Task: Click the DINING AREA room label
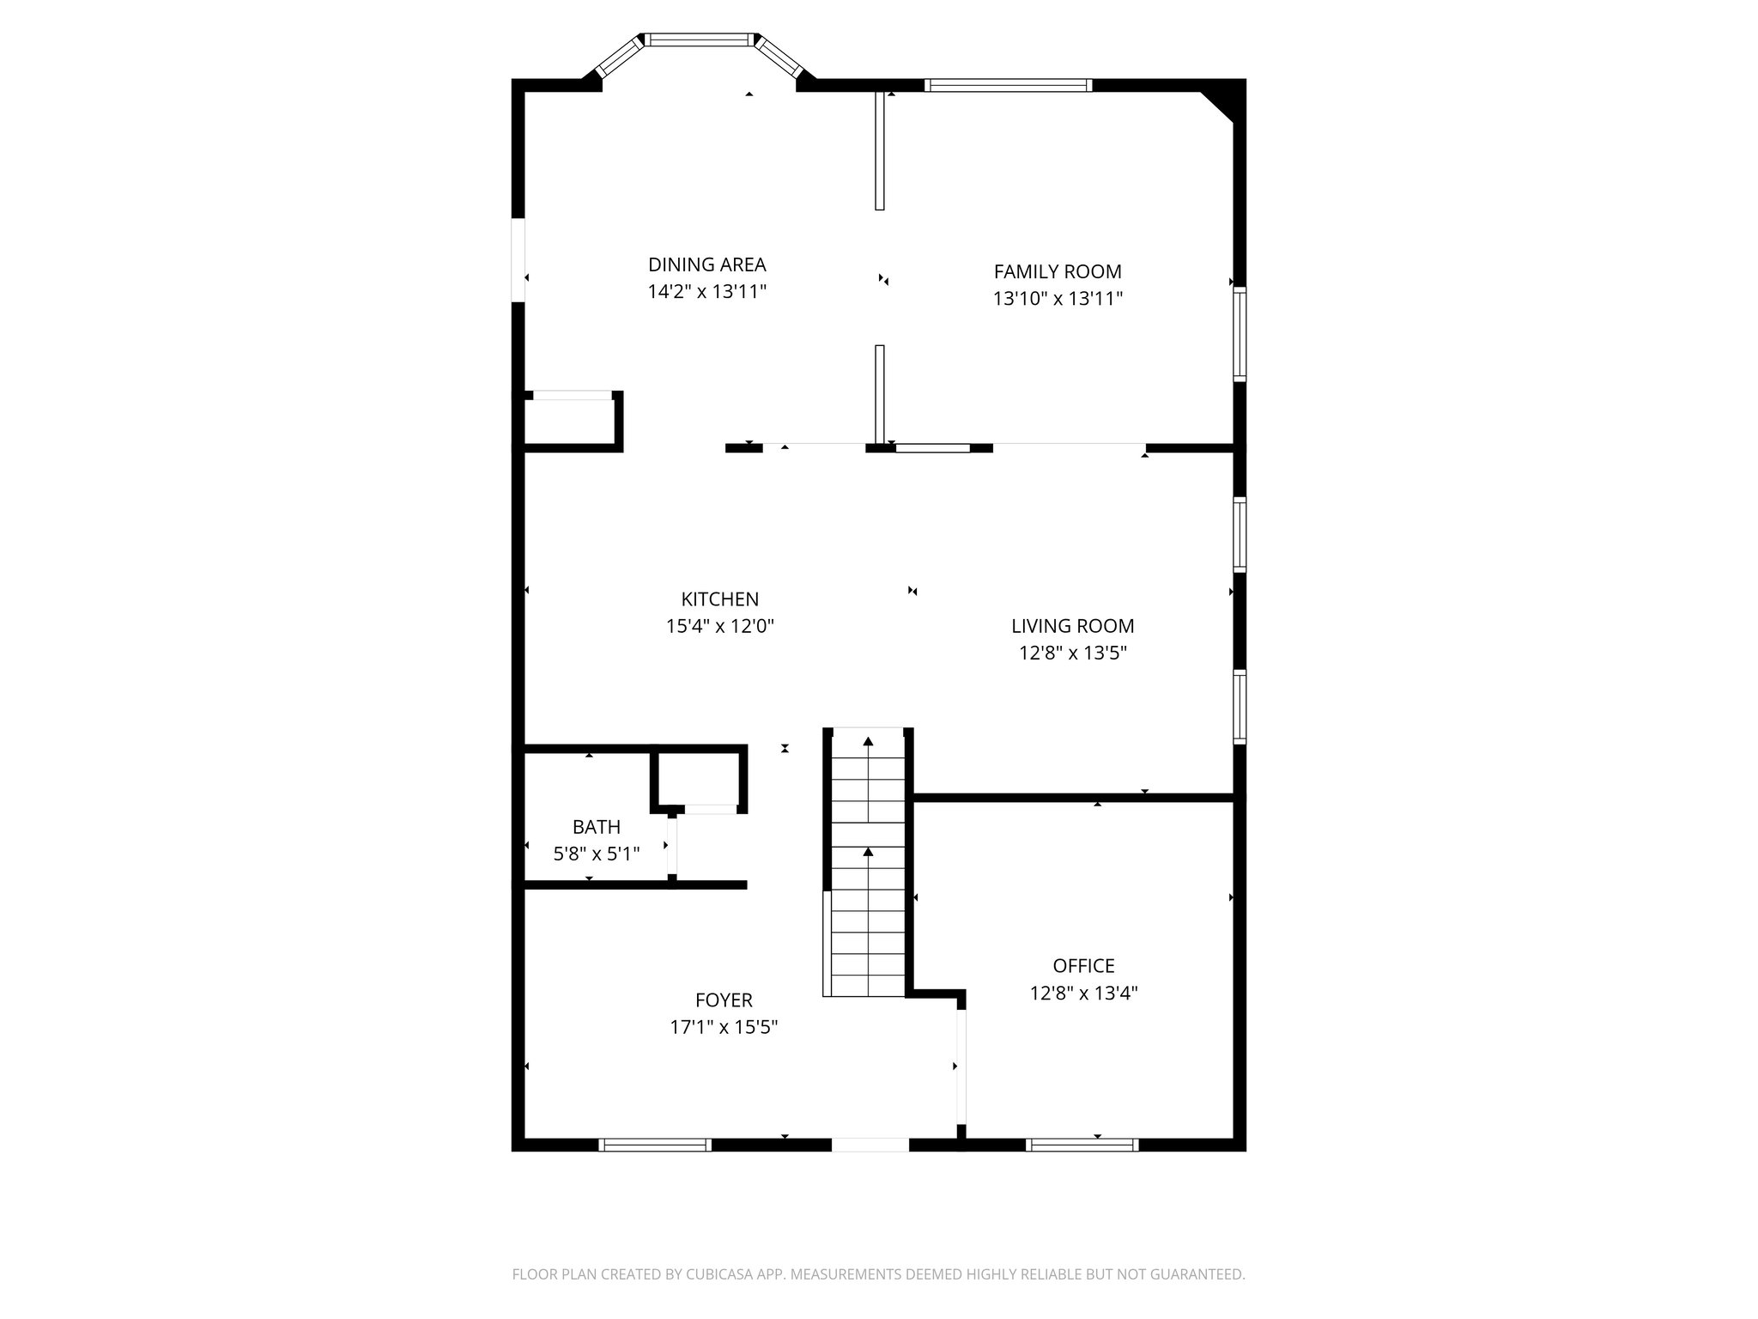[x=706, y=264]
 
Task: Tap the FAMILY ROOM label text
[x=1058, y=271]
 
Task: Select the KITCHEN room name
[x=719, y=599]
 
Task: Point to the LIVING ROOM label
[x=1072, y=626]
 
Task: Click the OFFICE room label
[x=1083, y=966]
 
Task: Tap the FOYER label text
[x=724, y=1000]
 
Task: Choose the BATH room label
[x=596, y=827]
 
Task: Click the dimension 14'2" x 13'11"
[x=706, y=292]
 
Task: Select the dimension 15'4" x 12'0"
[x=719, y=627]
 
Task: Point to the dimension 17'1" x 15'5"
[x=724, y=1027]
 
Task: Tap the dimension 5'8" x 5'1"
[x=596, y=854]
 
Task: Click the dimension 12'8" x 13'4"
[x=1083, y=994]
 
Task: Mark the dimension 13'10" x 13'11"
[x=1058, y=299]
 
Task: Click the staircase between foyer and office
[x=868, y=863]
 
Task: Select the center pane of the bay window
[x=700, y=40]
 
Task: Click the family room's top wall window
[x=1008, y=85]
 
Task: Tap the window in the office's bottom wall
[x=1082, y=1144]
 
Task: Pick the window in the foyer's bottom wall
[x=655, y=1144]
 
